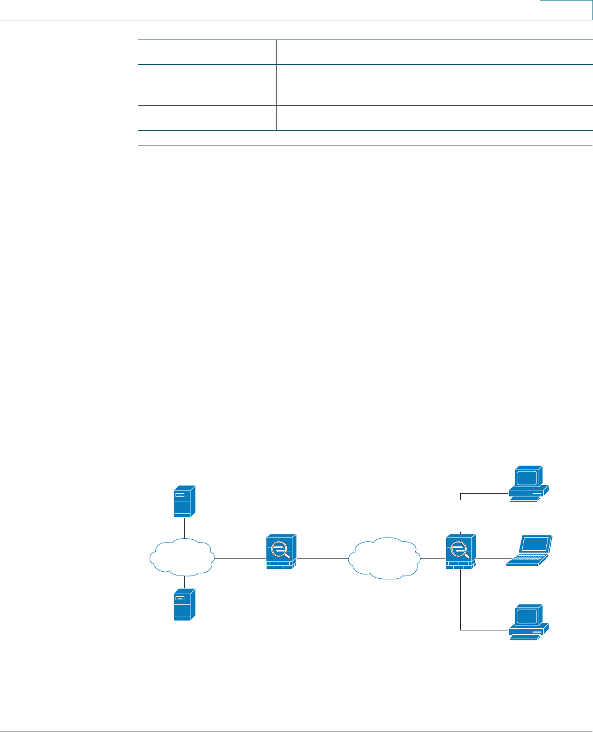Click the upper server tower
coord(184,501)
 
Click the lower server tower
coord(184,605)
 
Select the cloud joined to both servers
coord(182,557)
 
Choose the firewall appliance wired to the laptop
coord(461,551)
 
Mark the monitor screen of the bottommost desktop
coord(526,616)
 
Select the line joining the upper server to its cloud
coord(184,528)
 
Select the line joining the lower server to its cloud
coord(184,582)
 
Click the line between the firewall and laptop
coord(491,559)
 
